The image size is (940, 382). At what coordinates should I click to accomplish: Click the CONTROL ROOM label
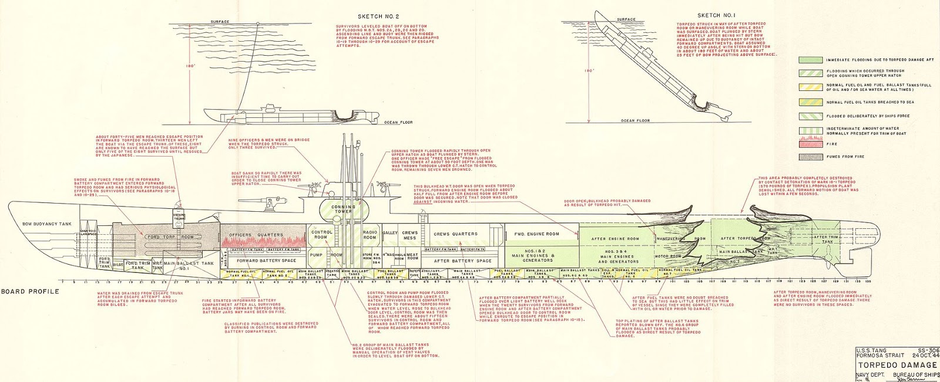323,234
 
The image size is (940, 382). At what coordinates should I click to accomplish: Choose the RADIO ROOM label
370,234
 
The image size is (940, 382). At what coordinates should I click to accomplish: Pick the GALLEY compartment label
391,233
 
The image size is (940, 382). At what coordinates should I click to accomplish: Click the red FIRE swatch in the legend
809,144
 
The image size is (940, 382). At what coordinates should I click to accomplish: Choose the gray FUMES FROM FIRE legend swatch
809,157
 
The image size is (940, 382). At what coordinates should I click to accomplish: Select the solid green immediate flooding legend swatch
809,60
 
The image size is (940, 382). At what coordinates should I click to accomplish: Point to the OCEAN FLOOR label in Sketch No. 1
635,120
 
